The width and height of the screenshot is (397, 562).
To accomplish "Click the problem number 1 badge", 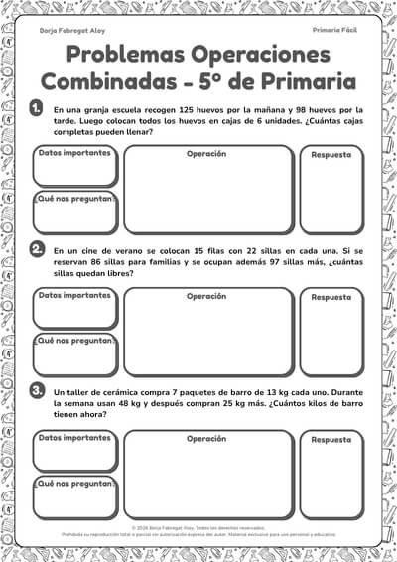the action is pyautogui.click(x=37, y=108).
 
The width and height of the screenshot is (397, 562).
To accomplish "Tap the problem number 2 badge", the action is pyautogui.click(x=37, y=249).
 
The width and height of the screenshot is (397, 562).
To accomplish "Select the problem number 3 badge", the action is pyautogui.click(x=37, y=391).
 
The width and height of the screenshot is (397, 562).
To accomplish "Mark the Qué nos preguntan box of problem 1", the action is pyautogui.click(x=74, y=213).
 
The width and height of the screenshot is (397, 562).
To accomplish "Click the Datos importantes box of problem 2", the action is pyautogui.click(x=74, y=309).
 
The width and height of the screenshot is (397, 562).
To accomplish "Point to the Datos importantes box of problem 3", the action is pyautogui.click(x=74, y=451).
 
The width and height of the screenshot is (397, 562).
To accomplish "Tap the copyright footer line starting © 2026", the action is pyautogui.click(x=198, y=529).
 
